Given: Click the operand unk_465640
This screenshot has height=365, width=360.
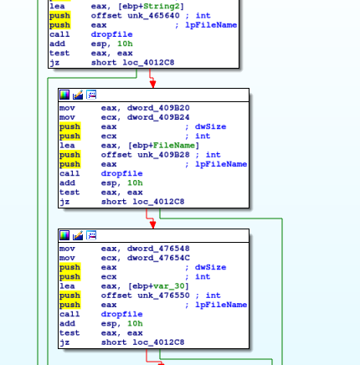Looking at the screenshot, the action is (153, 16).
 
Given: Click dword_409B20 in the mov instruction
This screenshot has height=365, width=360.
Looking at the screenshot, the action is (158, 108).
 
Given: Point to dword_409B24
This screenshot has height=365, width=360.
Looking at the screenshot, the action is (158, 117).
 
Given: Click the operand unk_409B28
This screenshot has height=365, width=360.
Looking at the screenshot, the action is (163, 155).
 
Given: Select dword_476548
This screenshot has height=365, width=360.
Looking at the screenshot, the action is (158, 249).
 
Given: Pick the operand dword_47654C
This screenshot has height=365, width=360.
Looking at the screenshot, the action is (158, 258).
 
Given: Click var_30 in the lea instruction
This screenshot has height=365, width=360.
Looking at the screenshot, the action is (169, 286).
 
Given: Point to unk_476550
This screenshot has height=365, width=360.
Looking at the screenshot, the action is (163, 296).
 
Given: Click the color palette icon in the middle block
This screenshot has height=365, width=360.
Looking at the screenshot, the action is (64, 95).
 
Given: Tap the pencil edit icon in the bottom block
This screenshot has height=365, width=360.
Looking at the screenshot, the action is (78, 235).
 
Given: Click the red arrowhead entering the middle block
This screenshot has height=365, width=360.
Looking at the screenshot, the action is (152, 84).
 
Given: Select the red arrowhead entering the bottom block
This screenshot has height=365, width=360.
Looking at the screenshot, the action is (152, 224).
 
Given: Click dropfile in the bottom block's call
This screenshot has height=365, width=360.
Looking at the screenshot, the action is (121, 315).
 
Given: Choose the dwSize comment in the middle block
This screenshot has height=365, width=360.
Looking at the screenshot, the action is (210, 126).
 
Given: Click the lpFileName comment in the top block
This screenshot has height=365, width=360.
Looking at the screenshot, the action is (211, 25).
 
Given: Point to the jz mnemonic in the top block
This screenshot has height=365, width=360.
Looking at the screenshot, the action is (54, 63).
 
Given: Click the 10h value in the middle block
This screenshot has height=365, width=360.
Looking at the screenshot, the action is (135, 183).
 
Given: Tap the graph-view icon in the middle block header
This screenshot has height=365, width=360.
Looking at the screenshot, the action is (91, 95).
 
